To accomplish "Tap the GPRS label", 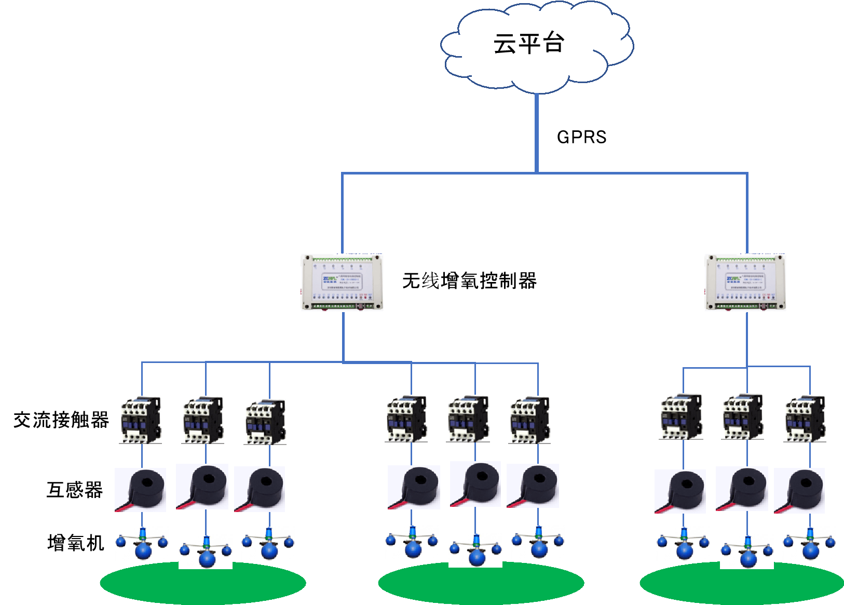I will click(581, 137).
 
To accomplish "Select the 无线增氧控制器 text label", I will click(469, 281).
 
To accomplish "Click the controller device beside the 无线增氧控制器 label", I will click(343, 283).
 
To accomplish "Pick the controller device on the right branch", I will click(746, 283).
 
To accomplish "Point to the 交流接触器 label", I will click(61, 420).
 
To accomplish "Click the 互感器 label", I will click(75, 490).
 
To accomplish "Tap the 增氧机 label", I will click(76, 543).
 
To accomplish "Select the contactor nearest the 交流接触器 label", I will click(140, 420).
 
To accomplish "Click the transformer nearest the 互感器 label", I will click(140, 490).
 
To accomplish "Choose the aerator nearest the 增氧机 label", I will click(142, 543).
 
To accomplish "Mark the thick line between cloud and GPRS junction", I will click(536, 132).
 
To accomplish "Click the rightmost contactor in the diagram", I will click(805, 419).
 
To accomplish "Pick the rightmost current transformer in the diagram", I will click(799, 491).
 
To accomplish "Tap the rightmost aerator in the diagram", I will click(809, 543).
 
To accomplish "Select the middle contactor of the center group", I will click(468, 419).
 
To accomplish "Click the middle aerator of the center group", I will click(475, 550).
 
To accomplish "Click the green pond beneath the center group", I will click(481, 584).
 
